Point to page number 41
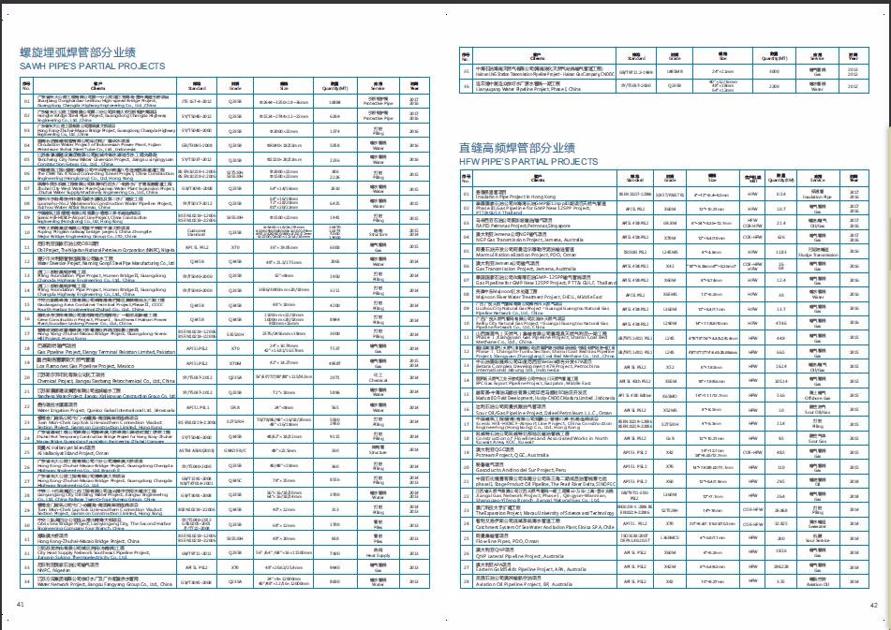click(20, 604)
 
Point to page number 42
click(871, 604)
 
